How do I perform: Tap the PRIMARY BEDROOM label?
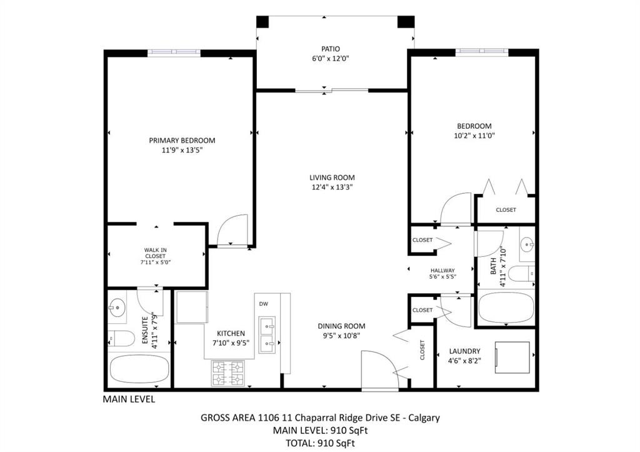coord(182,140)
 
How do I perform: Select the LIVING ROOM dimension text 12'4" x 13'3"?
coord(332,187)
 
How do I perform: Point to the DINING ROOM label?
coord(341,326)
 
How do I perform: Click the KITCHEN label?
coord(231,333)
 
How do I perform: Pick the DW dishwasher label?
coord(263,304)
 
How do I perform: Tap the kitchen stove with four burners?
coord(229,373)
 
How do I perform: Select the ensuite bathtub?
coord(139,369)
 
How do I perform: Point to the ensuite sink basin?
coord(117,307)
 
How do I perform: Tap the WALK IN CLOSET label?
coord(156,256)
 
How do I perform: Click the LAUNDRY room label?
coord(464,351)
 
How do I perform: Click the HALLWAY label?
coord(442,271)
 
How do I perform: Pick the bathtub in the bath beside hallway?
coord(506,307)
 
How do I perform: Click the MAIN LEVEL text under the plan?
coord(129,399)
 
